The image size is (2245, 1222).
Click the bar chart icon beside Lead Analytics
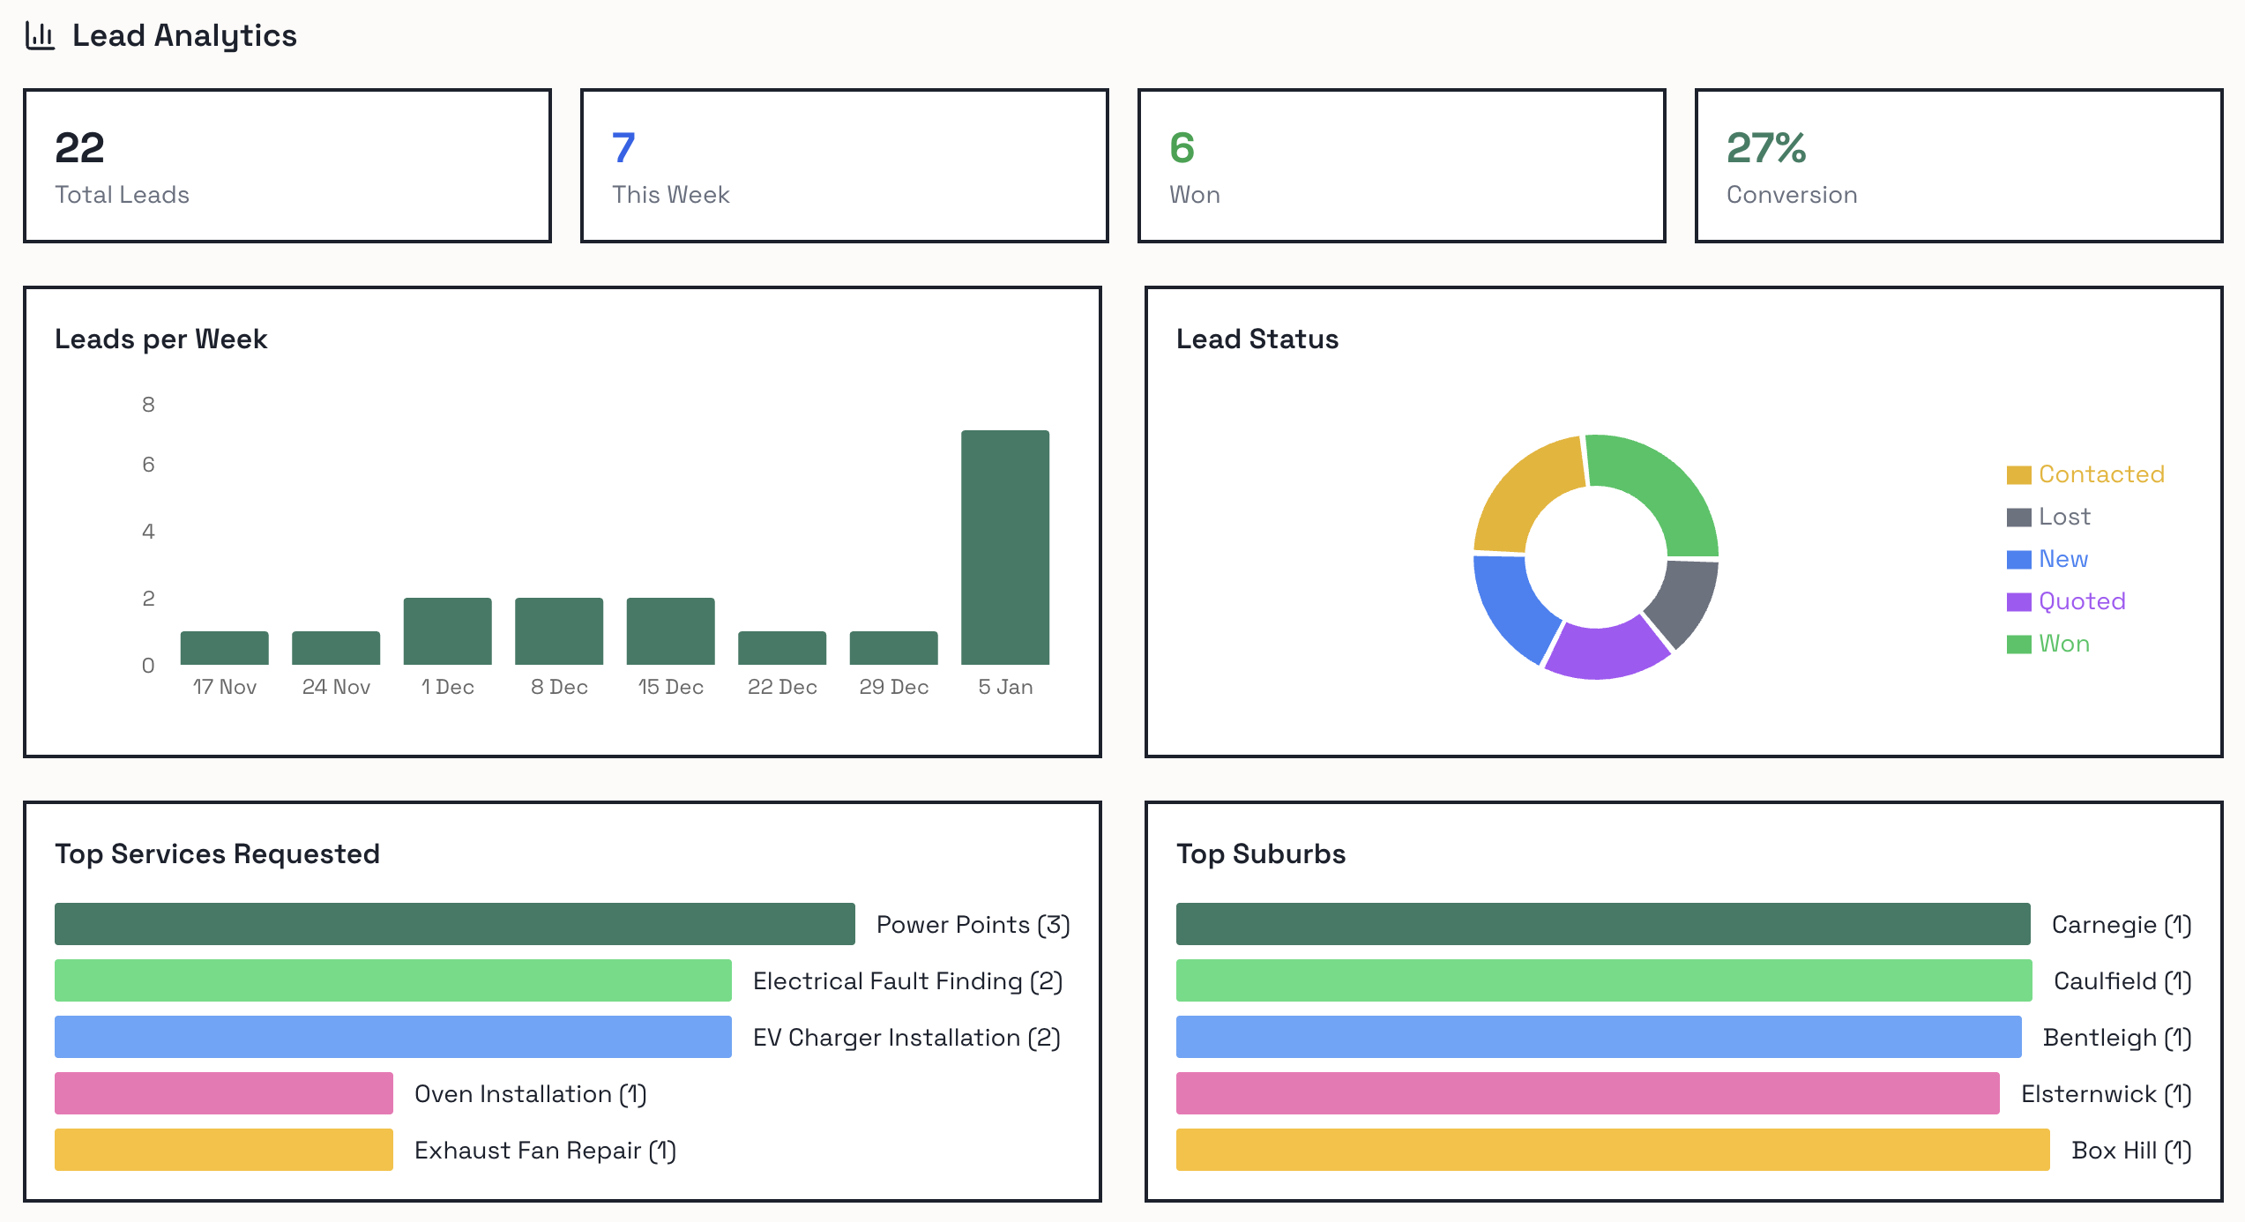pos(40,35)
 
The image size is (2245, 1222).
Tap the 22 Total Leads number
pos(79,147)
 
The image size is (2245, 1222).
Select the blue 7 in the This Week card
pos(623,147)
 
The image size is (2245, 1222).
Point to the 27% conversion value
pos(1765,147)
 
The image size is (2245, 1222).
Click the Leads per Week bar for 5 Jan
pos(1004,547)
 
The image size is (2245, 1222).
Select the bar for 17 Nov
pos(224,648)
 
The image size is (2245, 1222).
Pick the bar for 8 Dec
pos(559,631)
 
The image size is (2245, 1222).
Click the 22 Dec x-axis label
pos(782,687)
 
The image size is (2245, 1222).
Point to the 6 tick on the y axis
pos(148,465)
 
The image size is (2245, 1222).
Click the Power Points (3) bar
pos(454,924)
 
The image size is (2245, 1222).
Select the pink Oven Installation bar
pos(224,1093)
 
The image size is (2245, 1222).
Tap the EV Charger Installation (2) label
pos(906,1038)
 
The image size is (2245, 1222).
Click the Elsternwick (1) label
pos(2106,1094)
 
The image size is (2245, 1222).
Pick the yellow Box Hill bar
pos(1612,1150)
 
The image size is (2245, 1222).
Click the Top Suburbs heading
pos(1261,853)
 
